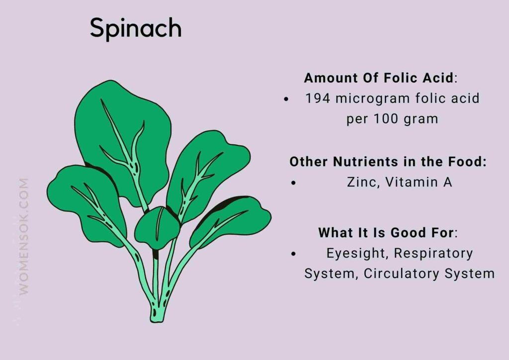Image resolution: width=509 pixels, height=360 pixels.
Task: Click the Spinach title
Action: (x=135, y=29)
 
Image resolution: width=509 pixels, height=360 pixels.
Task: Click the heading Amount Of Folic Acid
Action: (x=379, y=78)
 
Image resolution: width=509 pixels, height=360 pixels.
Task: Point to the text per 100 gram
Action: (x=392, y=119)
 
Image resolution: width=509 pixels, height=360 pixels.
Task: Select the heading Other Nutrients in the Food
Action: (x=388, y=162)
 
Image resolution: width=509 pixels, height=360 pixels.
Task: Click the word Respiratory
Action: (x=433, y=253)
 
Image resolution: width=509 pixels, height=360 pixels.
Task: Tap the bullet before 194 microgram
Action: (x=286, y=99)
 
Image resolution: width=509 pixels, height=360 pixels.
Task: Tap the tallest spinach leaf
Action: (x=122, y=134)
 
